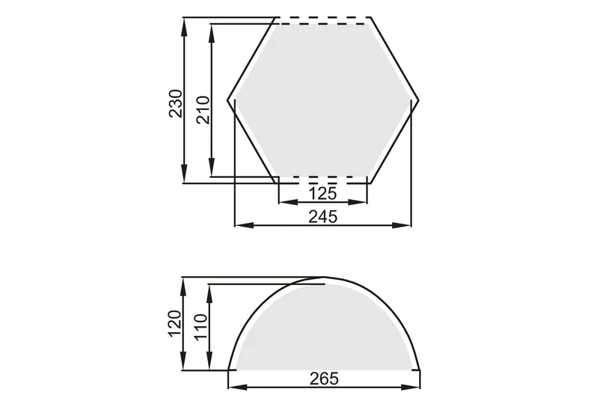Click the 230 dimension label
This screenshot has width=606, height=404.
pos(175,103)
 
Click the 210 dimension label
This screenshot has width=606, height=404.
pos(203,110)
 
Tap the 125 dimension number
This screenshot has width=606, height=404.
pos(322,193)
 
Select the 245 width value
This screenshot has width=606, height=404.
pos(322,216)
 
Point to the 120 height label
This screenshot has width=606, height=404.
pos(174,324)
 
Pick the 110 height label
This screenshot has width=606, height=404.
pos(201,327)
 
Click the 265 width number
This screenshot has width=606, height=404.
pos(324,379)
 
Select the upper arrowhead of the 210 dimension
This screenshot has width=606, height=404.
pos(212,33)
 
